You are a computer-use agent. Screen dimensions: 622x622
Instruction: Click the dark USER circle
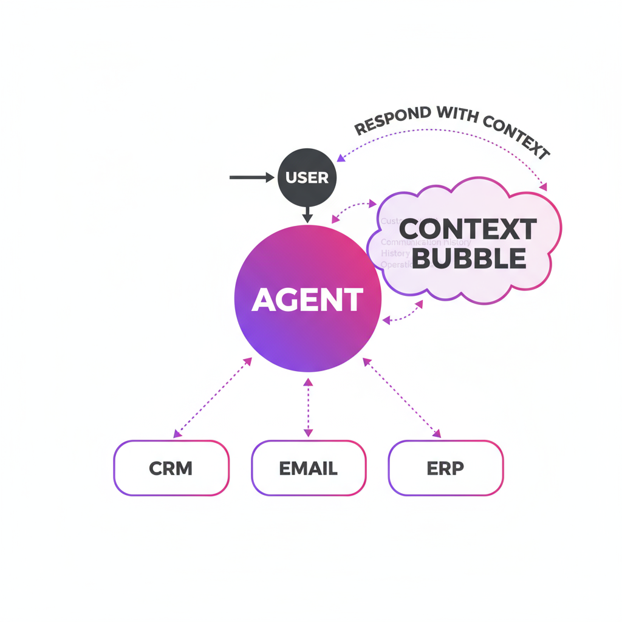307,178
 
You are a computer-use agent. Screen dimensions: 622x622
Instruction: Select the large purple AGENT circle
307,299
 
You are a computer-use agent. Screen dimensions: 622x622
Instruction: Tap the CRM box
171,468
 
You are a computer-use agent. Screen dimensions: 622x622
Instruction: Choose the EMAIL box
309,468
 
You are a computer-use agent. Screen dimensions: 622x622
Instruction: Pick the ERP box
445,468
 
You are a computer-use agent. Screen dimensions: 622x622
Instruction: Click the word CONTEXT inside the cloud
468,230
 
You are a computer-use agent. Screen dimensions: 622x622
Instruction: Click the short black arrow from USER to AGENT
307,214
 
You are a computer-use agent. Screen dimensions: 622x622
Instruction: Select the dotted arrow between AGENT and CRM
213,397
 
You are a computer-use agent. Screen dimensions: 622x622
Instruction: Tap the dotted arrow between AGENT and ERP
402,397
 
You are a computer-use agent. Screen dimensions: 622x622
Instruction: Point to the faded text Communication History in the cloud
426,242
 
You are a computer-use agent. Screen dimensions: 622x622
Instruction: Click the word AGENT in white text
307,299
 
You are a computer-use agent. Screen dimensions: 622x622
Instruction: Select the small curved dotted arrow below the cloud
403,312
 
